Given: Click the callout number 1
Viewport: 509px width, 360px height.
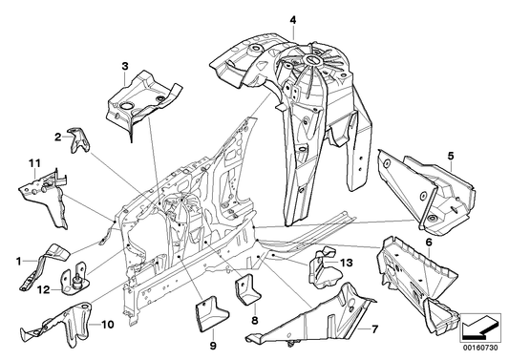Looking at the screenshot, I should [x=17, y=259].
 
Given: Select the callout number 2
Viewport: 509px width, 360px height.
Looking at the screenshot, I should [x=58, y=137].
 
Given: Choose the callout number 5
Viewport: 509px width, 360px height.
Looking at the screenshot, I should [x=451, y=153].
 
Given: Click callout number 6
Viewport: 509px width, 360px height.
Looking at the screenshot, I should [x=429, y=244].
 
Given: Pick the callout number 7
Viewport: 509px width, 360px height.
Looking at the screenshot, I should [x=374, y=329].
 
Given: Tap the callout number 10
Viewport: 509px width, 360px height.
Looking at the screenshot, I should [x=107, y=325].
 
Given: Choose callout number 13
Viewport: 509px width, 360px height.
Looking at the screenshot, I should [x=346, y=262].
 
